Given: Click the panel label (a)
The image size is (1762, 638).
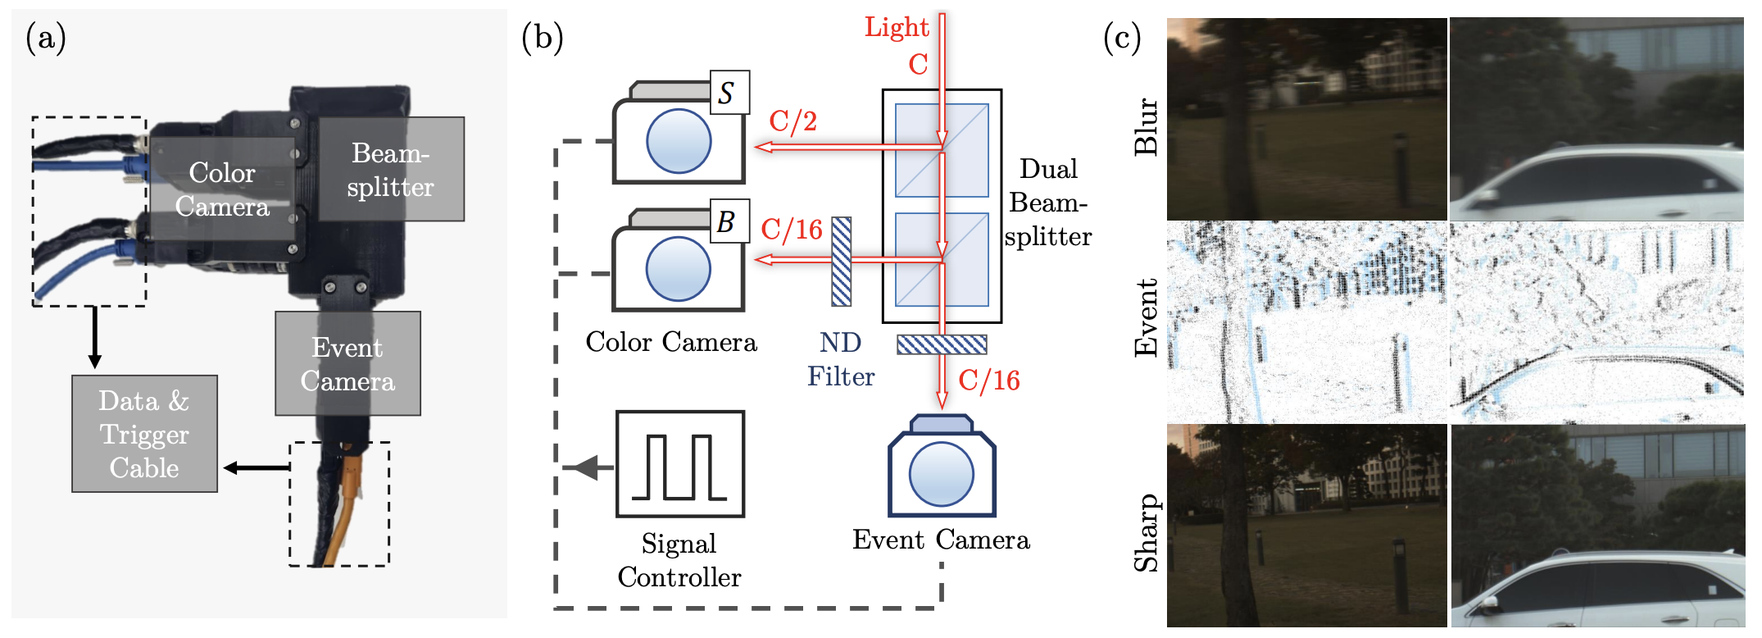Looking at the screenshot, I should pos(46,38).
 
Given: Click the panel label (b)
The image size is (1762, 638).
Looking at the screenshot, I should pos(543,38).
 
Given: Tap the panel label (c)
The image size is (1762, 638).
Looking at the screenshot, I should pos(1122,38).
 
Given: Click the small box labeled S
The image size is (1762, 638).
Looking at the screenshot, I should pos(729,92).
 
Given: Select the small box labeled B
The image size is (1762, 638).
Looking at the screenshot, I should pos(729,221).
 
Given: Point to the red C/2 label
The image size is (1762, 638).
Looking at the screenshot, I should pos(792,121).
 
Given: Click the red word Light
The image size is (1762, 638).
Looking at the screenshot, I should pos(897,27).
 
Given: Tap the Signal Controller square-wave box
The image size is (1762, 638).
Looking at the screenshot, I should pos(679,464).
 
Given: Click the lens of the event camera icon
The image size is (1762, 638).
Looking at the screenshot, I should pos(942,474).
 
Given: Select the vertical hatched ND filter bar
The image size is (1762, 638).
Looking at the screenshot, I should pos(841,261).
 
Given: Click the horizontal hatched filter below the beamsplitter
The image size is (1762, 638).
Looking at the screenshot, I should pos(942,344).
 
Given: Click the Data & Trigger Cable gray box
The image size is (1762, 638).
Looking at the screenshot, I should pos(144,434).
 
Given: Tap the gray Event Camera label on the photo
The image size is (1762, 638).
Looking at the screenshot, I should pos(347,363).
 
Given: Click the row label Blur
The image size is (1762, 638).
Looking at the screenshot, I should pos(1146,127).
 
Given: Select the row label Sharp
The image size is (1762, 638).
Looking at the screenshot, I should pos(1146,532).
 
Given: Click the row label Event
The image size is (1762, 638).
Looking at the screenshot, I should pos(1146,317).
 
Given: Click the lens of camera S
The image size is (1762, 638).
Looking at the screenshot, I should pos(679,141).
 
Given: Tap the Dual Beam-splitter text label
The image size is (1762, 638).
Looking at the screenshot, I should pos(1048,203).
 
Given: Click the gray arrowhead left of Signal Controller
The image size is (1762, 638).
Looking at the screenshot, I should pos(586,467).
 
